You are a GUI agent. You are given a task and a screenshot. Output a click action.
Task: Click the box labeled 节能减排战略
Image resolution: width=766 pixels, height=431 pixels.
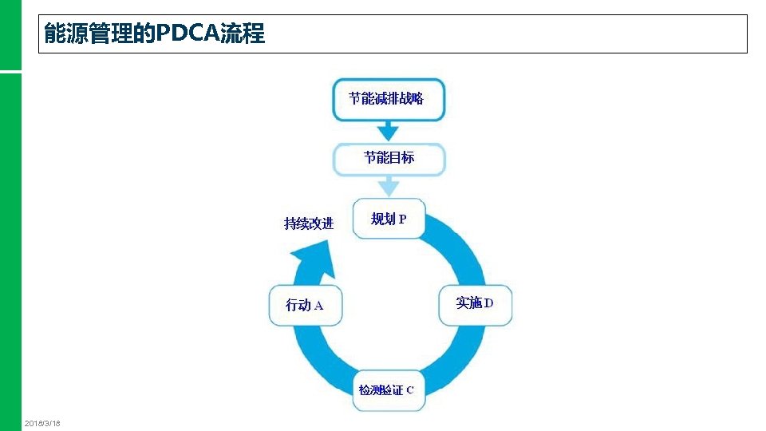pos(389,99)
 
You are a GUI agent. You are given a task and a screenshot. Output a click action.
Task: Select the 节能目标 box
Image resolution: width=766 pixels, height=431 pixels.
pos(389,158)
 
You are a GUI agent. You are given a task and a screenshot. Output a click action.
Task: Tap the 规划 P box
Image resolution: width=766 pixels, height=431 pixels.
pos(389,219)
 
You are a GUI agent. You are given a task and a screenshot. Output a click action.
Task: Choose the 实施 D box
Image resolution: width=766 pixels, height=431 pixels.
pos(476,304)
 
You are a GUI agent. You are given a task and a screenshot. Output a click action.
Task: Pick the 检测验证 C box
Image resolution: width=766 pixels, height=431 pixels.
pos(389,390)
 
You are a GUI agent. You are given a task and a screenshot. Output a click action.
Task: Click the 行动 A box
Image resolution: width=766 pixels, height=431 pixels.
pos(305,305)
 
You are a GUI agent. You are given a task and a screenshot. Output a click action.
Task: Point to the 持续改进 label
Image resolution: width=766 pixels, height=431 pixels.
pos(309,223)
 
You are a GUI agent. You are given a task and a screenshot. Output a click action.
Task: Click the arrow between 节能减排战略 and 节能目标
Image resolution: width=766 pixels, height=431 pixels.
pos(389,130)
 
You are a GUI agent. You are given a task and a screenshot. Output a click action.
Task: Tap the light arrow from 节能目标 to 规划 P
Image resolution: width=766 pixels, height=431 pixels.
pos(389,188)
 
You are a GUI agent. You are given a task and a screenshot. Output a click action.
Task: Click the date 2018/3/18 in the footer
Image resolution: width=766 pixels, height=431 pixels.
pos(43,422)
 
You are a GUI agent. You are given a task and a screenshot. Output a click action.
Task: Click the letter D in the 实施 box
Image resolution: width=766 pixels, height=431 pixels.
pos(489,303)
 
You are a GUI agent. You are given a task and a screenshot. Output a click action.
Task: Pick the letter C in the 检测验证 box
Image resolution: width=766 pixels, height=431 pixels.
pos(410,390)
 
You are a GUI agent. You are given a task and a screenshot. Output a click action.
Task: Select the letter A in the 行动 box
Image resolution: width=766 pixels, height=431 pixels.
pos(318,306)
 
